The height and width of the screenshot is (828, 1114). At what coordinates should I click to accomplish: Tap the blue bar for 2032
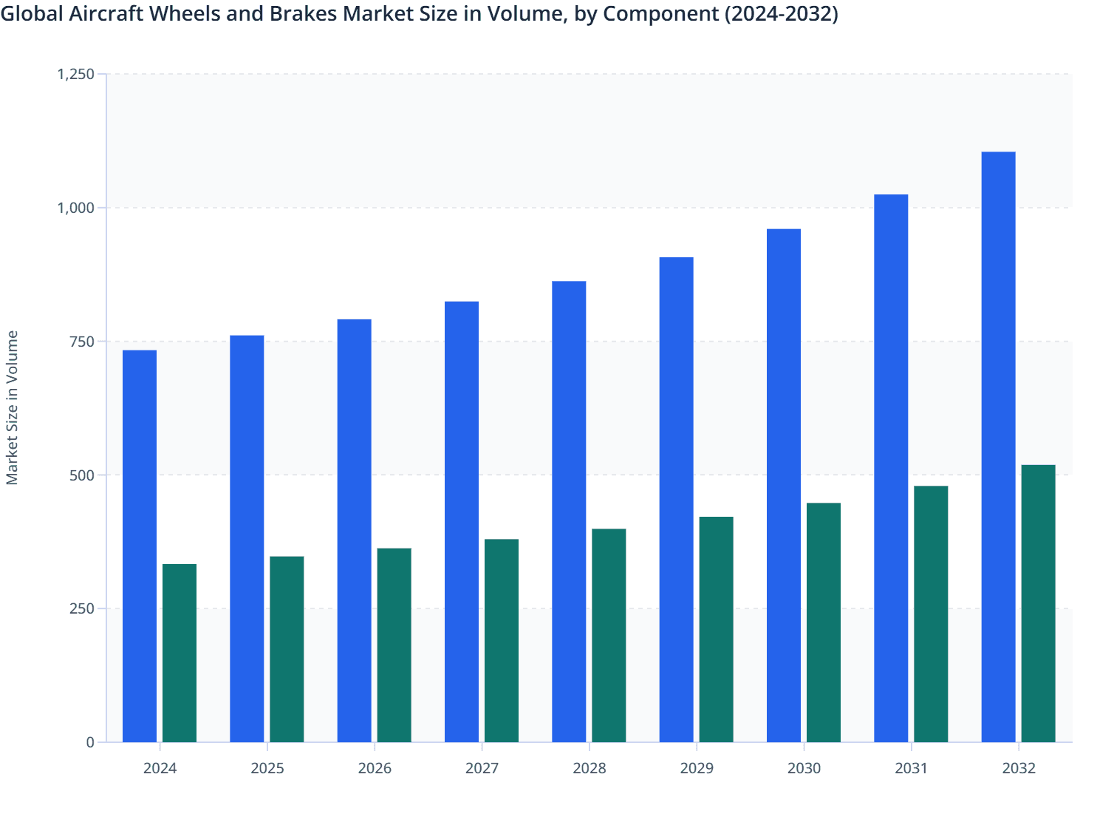pyautogui.click(x=998, y=447)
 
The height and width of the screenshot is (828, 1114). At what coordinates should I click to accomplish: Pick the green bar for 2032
pyautogui.click(x=1038, y=603)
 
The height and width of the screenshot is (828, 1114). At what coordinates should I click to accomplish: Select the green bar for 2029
pyautogui.click(x=717, y=629)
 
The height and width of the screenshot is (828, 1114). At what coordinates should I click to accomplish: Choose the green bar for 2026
pyautogui.click(x=394, y=645)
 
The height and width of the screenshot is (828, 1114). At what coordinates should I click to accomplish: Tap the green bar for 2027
pyautogui.click(x=502, y=640)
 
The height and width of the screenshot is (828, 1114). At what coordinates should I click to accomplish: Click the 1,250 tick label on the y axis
pyautogui.click(x=76, y=74)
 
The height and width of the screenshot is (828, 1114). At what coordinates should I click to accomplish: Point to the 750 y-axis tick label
pyautogui.click(x=82, y=342)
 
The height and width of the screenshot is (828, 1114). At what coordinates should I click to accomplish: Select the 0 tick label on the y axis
pyautogui.click(x=90, y=742)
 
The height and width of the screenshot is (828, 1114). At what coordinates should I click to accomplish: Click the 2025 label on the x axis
pyautogui.click(x=267, y=768)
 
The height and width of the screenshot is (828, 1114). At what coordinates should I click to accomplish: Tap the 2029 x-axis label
pyautogui.click(x=697, y=768)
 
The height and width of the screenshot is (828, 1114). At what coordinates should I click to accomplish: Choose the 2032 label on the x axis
pyautogui.click(x=1019, y=768)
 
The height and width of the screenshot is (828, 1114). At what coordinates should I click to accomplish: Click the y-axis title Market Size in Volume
pyautogui.click(x=13, y=407)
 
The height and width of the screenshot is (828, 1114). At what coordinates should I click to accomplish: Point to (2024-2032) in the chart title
pyautogui.click(x=780, y=13)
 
